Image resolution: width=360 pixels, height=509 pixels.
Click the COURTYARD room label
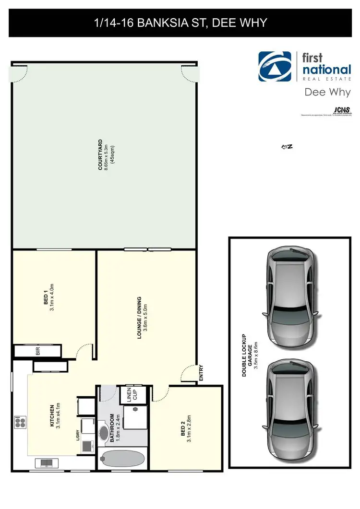tap(100, 154)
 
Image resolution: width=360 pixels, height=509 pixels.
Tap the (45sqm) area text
tap(113, 154)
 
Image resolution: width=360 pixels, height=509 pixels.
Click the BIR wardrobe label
tap(37, 351)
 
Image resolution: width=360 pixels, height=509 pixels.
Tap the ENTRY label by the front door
tap(201, 373)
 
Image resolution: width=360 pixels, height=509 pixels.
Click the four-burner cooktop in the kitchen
tap(20, 422)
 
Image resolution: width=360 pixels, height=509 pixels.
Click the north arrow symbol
tap(287, 147)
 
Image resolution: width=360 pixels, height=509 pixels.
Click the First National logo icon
tap(276, 67)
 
